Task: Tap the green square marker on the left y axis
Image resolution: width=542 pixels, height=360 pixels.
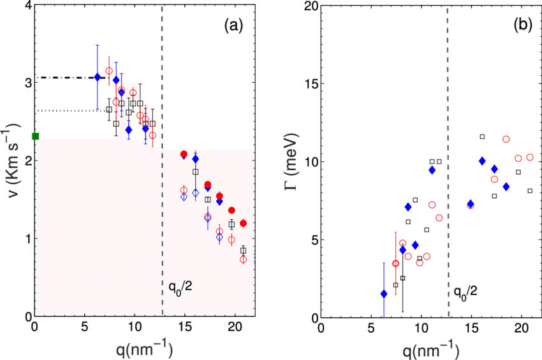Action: point(35,136)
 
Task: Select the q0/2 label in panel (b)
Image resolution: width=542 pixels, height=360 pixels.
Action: point(465,292)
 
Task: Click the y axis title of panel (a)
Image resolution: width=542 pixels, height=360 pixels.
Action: point(11,162)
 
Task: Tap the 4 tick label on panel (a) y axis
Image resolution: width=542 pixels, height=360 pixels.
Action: point(26,6)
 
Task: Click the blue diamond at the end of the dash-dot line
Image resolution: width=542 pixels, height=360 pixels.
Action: point(97,77)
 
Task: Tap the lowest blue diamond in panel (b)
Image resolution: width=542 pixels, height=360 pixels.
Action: point(384,294)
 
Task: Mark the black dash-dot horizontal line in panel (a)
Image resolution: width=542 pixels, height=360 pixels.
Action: point(64,77)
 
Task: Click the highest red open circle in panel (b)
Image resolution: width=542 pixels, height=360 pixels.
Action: point(506,139)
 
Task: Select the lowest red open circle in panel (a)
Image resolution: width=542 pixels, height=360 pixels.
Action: point(243,259)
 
